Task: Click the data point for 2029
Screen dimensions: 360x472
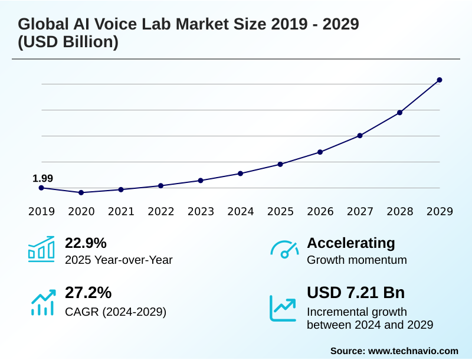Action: point(440,80)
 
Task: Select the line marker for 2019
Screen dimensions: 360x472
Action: point(41,188)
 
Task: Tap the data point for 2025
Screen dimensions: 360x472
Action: point(280,164)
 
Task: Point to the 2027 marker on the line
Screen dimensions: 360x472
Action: point(360,136)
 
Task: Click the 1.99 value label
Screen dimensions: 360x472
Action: point(42,178)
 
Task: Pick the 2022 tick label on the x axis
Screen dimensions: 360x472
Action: point(161,211)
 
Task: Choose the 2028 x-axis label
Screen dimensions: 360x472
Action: point(400,211)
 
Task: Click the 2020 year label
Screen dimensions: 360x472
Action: point(81,211)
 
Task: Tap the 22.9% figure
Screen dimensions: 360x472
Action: point(86,243)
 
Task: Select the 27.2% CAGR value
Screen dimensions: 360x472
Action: point(88,293)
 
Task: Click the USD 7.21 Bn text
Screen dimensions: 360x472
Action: point(356,293)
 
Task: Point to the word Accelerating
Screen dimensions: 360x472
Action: point(351,243)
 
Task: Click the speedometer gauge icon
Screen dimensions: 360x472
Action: point(284,250)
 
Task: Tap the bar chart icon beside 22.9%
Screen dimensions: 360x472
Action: point(41,250)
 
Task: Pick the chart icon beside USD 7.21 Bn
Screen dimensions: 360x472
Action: point(283,307)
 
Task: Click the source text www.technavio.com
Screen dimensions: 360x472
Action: point(413,351)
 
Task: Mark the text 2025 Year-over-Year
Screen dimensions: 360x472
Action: point(119,260)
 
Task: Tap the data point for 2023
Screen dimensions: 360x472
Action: point(201,180)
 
